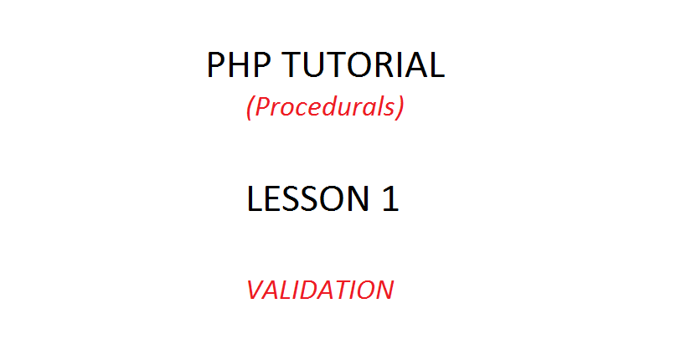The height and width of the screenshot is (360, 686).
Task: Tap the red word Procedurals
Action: point(325,107)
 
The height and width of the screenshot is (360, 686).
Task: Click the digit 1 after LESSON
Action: point(389,199)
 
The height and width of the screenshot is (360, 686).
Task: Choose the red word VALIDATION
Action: point(319,290)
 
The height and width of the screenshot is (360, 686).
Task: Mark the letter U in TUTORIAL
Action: point(322,65)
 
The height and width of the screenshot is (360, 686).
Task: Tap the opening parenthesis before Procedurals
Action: point(250,108)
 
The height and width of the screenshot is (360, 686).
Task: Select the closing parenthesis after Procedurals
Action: point(400,108)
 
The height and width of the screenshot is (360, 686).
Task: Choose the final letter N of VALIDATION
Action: point(383,290)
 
